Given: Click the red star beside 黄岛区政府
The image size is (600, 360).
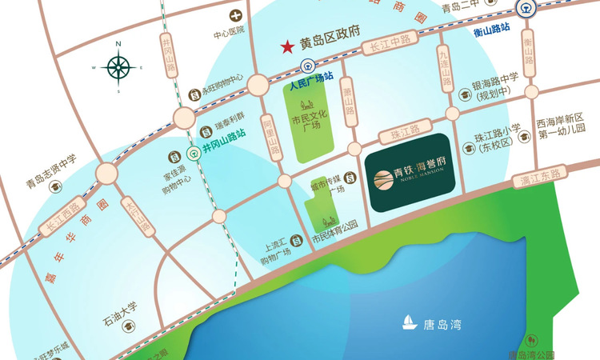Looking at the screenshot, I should point(286,48).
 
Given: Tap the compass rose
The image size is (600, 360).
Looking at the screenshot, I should point(118,68).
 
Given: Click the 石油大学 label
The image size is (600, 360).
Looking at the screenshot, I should point(120,305).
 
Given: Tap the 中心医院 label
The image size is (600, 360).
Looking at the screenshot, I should point(228,34).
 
